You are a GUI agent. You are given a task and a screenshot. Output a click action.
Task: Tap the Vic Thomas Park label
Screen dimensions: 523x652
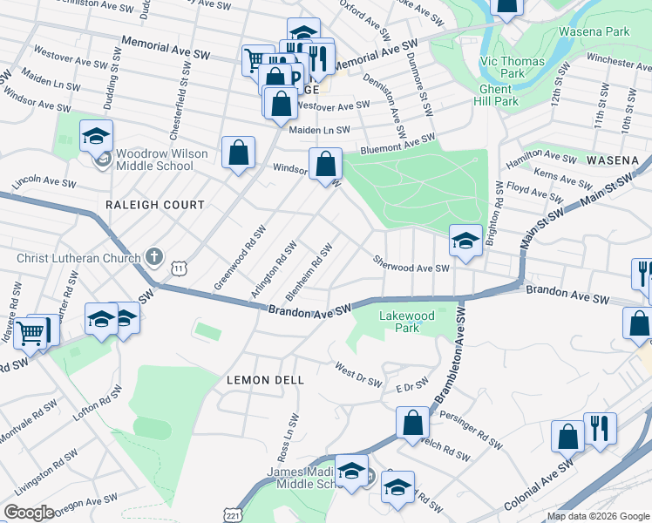click(x=513, y=68)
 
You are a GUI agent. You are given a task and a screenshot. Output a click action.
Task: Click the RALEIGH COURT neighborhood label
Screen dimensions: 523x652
click(x=154, y=205)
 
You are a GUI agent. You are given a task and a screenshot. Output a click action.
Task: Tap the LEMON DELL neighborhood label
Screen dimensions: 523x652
click(x=265, y=380)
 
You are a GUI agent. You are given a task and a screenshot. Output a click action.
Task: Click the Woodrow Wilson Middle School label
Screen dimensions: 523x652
click(x=154, y=160)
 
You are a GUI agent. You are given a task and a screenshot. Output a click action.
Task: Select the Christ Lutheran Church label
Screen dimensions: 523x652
click(x=78, y=258)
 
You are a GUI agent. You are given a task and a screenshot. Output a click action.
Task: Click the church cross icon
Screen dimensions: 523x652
click(x=153, y=257)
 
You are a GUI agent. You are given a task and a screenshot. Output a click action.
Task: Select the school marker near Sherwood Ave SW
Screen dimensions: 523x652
click(x=465, y=241)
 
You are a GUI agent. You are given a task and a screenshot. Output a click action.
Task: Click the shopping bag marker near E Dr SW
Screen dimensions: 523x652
click(x=412, y=424)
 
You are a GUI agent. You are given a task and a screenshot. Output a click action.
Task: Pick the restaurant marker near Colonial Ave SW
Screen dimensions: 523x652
click(x=599, y=429)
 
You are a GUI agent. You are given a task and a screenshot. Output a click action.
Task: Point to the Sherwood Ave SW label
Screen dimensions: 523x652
click(x=411, y=264)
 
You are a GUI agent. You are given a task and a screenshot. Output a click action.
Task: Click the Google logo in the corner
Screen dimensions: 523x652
click(x=29, y=512)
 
